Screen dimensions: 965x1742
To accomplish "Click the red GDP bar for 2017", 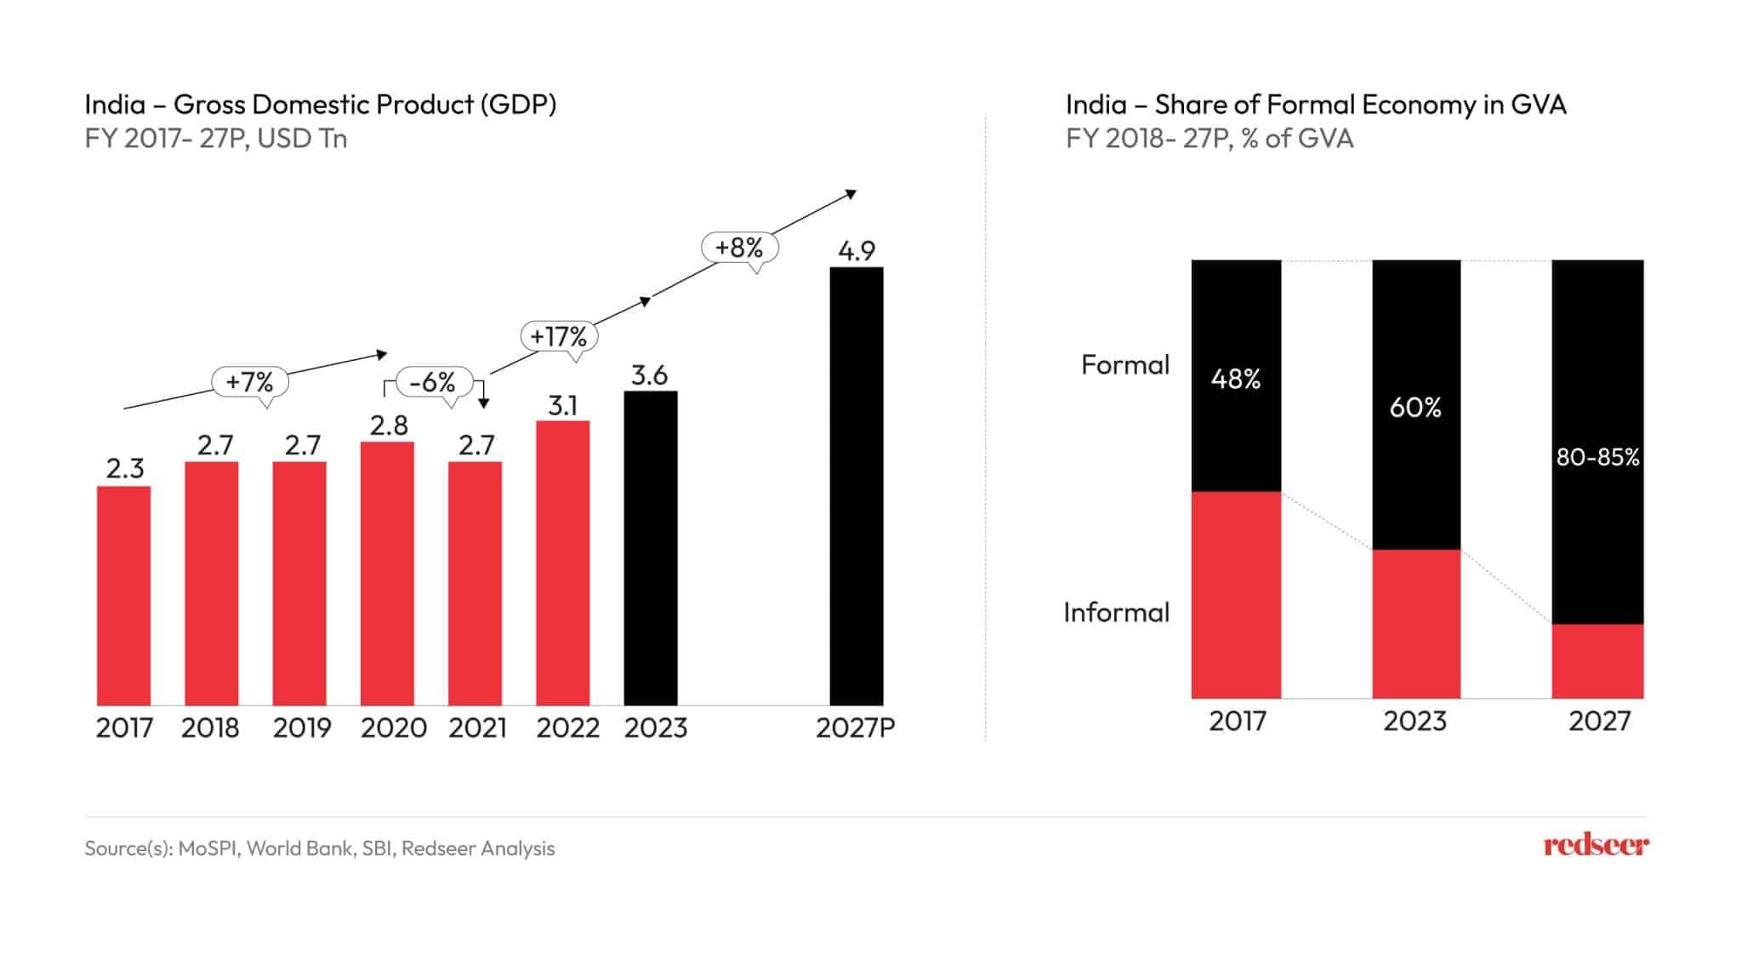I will (123, 596).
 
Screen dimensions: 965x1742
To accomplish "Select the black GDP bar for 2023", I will (651, 549).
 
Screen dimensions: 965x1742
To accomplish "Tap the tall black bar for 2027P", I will (857, 485).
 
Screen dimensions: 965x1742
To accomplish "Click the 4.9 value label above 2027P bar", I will (857, 251).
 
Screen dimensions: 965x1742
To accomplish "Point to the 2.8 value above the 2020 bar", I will (389, 425).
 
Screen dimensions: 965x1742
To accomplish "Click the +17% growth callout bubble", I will (559, 336).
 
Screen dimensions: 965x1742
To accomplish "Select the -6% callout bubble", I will (433, 382).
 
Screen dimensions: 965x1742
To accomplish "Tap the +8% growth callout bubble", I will (739, 248).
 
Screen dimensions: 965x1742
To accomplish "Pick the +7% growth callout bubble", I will (250, 381).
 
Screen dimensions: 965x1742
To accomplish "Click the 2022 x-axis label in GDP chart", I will (567, 728).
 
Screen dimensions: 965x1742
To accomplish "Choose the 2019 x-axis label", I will (302, 728).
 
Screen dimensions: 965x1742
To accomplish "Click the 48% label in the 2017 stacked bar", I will (1236, 379).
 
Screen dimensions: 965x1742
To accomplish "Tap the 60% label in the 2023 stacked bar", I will (1415, 408).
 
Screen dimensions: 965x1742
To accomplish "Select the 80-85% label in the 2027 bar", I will (1597, 458).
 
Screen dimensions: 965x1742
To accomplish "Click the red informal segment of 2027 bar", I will (1597, 661).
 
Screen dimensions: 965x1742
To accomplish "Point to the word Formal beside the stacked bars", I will (1125, 365).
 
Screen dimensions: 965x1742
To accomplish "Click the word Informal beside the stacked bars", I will (1116, 613).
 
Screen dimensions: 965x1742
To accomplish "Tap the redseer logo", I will (1596, 845).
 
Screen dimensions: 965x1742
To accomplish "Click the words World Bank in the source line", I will (300, 848).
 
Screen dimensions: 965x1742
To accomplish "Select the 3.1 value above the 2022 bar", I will (562, 405).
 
